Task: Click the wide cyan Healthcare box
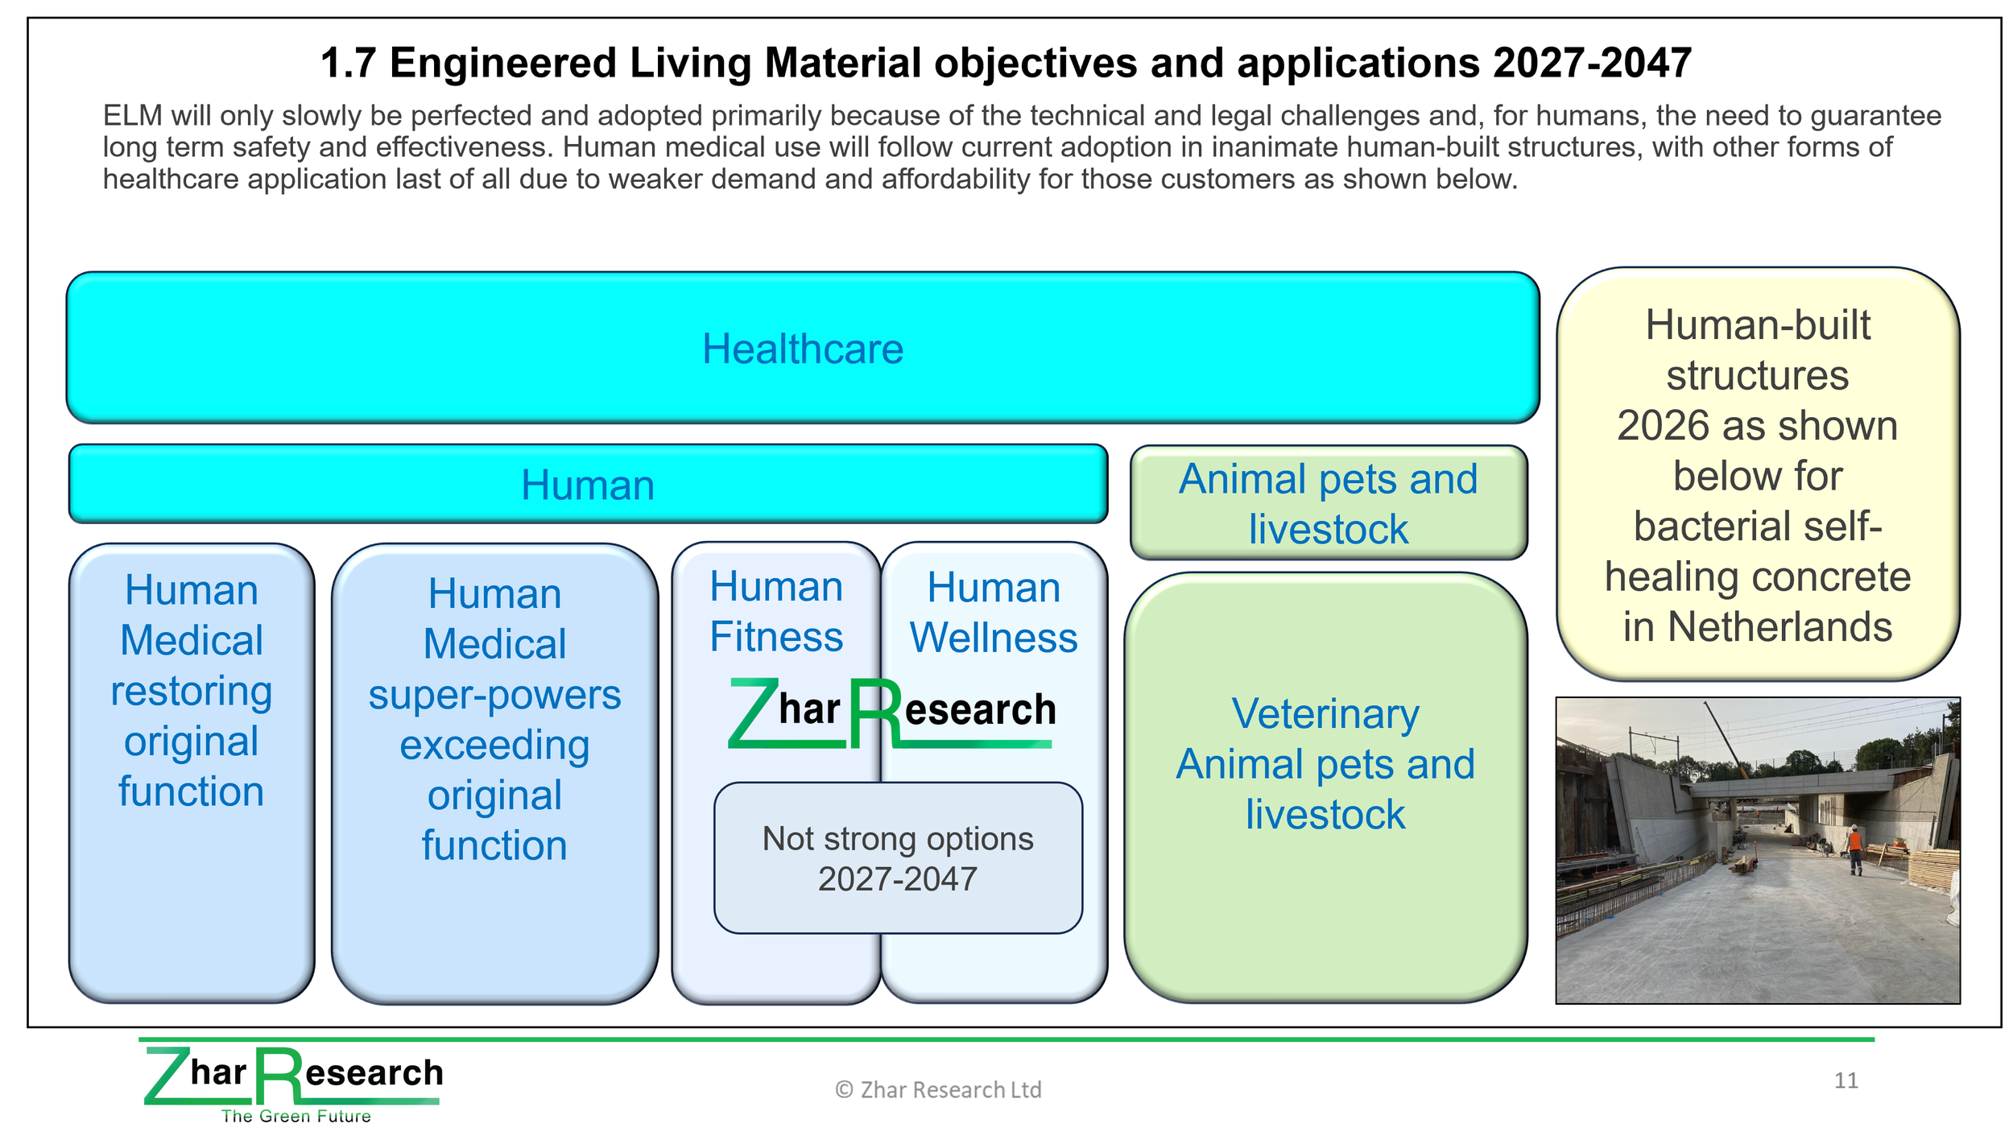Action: click(802, 348)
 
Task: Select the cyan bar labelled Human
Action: click(588, 484)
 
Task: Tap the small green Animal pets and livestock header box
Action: click(1329, 502)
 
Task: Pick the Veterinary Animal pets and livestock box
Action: click(1325, 787)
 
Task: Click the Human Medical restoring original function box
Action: click(192, 773)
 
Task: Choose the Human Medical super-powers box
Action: click(494, 773)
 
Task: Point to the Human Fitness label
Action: click(776, 611)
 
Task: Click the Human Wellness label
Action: click(994, 612)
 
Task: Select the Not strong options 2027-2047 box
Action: click(898, 858)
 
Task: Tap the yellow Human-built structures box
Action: click(1758, 474)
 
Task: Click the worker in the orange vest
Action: click(1855, 849)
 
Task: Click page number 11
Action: click(1846, 1080)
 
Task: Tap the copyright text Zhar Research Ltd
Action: click(938, 1089)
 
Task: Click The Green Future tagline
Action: click(296, 1116)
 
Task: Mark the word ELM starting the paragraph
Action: click(132, 116)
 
